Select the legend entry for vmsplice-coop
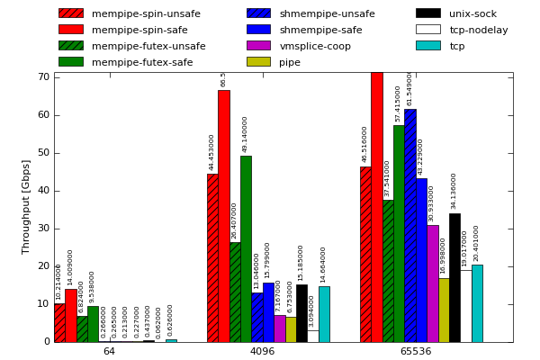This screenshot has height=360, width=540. click(x=315, y=46)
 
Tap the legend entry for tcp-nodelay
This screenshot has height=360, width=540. click(x=478, y=30)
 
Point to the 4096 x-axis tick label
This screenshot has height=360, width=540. click(x=262, y=351)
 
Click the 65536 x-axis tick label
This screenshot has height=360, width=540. click(x=416, y=351)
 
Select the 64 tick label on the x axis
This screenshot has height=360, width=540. click(x=109, y=351)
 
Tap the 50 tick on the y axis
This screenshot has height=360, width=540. click(x=42, y=153)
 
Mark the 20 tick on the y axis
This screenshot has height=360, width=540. click(x=42, y=266)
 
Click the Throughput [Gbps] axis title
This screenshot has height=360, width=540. click(x=27, y=207)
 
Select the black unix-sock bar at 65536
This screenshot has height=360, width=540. click(x=454, y=277)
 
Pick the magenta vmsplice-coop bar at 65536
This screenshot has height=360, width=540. click(x=432, y=283)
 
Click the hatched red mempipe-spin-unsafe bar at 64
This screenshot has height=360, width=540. click(x=59, y=322)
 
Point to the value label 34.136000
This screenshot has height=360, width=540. click(x=454, y=191)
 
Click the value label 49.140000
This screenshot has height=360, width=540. click(x=246, y=134)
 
